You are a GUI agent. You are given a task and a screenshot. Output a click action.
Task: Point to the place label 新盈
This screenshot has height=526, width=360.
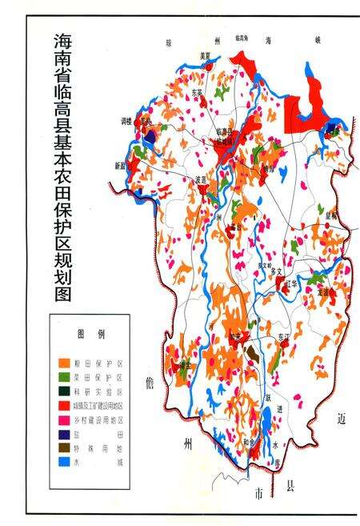(120, 166)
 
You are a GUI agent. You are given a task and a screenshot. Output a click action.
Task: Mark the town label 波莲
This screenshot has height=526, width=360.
(201, 180)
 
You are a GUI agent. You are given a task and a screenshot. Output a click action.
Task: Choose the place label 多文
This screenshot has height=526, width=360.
(278, 272)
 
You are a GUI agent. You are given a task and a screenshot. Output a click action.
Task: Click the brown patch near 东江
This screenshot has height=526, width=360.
(252, 351)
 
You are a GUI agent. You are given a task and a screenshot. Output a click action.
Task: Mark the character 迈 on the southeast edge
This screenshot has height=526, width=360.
(342, 419)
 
